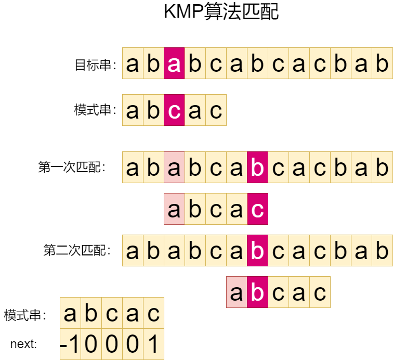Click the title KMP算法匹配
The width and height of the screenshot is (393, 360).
tap(221, 12)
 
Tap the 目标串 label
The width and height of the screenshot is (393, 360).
tap(95, 65)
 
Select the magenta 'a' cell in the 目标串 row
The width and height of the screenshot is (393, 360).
tap(174, 63)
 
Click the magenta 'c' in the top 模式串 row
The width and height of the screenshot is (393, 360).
tap(174, 110)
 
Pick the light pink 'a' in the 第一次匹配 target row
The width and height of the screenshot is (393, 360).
tap(174, 168)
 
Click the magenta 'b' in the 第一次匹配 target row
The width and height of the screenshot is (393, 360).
tap(257, 168)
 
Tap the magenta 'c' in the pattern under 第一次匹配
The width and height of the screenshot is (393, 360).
tap(257, 209)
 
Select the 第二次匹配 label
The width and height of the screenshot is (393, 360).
tap(77, 251)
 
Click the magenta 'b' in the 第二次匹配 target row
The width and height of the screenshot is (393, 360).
tap(257, 251)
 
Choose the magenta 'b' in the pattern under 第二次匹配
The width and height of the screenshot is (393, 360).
tap(257, 292)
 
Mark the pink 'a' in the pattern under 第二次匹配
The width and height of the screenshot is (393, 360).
tap(237, 292)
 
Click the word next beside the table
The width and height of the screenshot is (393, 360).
tap(23, 344)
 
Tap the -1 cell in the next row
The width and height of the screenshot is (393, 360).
tap(70, 344)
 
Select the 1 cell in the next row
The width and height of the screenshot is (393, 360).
tap(153, 344)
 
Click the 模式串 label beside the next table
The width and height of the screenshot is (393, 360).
tap(25, 315)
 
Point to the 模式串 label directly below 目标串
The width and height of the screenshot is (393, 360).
tap(95, 110)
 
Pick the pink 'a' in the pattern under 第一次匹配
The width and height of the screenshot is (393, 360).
tap(174, 209)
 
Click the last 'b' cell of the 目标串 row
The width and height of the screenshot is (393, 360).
tap(382, 63)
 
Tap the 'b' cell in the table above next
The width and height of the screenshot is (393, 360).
tap(91, 313)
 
